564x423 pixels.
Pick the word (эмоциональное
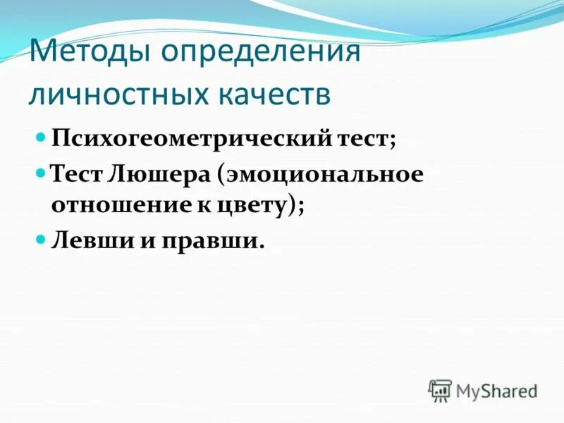click(321, 174)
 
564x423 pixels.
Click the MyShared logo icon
click(441, 390)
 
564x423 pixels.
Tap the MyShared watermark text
click(496, 391)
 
